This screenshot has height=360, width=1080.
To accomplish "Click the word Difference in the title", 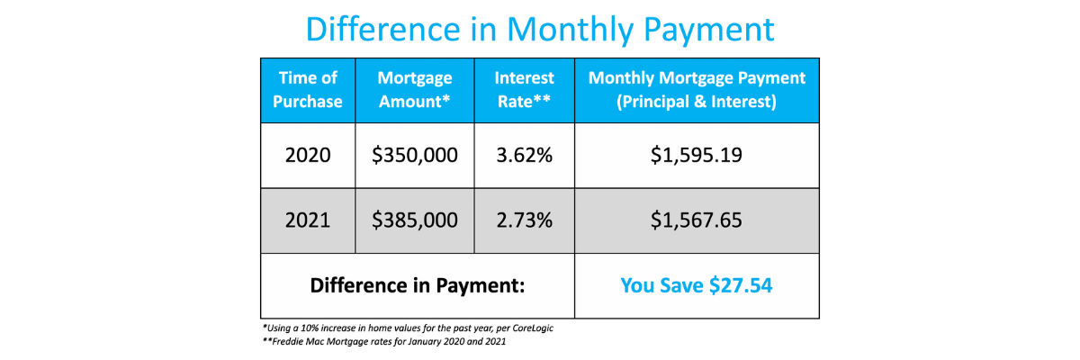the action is (383, 30).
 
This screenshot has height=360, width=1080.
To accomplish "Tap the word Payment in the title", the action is (709, 31).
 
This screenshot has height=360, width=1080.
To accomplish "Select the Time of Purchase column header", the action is (308, 90).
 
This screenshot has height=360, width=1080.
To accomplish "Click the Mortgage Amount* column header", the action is (415, 90).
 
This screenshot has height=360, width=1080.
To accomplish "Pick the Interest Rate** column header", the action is (524, 90).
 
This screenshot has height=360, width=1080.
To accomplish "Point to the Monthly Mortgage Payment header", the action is (697, 90).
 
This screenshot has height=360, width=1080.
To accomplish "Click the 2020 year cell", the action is (308, 155).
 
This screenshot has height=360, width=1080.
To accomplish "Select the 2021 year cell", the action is (308, 220).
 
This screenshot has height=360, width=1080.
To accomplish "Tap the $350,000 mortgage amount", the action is (415, 155).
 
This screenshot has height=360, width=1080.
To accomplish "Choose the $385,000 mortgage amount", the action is (415, 220).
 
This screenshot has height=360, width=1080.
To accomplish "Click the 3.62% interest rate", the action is (524, 155).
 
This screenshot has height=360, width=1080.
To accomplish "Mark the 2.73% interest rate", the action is (524, 220).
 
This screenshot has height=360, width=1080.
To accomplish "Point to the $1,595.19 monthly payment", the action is (697, 155).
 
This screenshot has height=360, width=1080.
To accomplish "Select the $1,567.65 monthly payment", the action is (697, 220).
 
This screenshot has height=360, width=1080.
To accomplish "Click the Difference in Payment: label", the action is (417, 285).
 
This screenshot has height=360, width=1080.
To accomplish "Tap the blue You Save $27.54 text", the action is (697, 285).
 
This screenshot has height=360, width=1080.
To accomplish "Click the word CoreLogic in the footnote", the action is (533, 328).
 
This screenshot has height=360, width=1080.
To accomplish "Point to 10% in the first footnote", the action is (309, 328).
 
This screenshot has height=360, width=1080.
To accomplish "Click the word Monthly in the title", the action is (571, 31).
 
